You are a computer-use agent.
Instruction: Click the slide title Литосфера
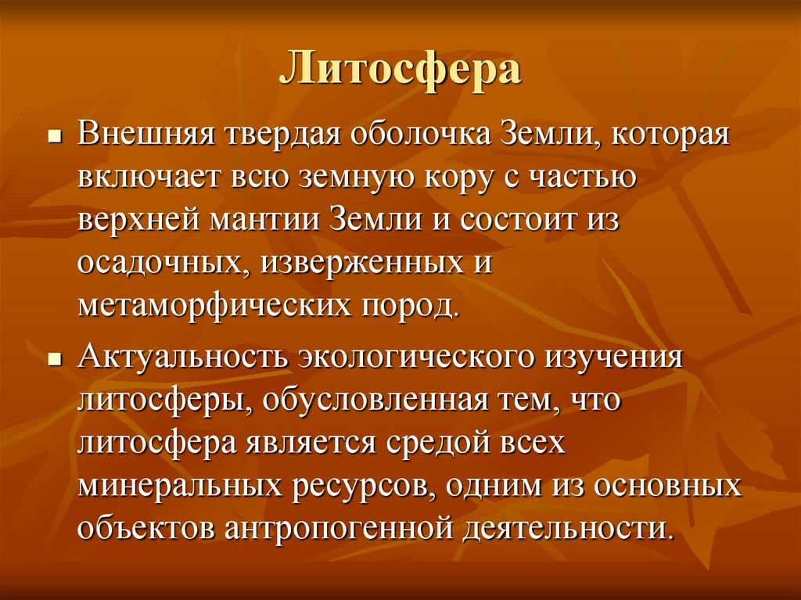click(400, 70)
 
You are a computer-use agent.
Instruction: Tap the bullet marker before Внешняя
click(54, 136)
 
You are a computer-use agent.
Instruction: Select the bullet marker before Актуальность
click(54, 358)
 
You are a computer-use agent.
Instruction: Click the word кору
click(465, 178)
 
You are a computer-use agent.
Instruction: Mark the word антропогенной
click(337, 527)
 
